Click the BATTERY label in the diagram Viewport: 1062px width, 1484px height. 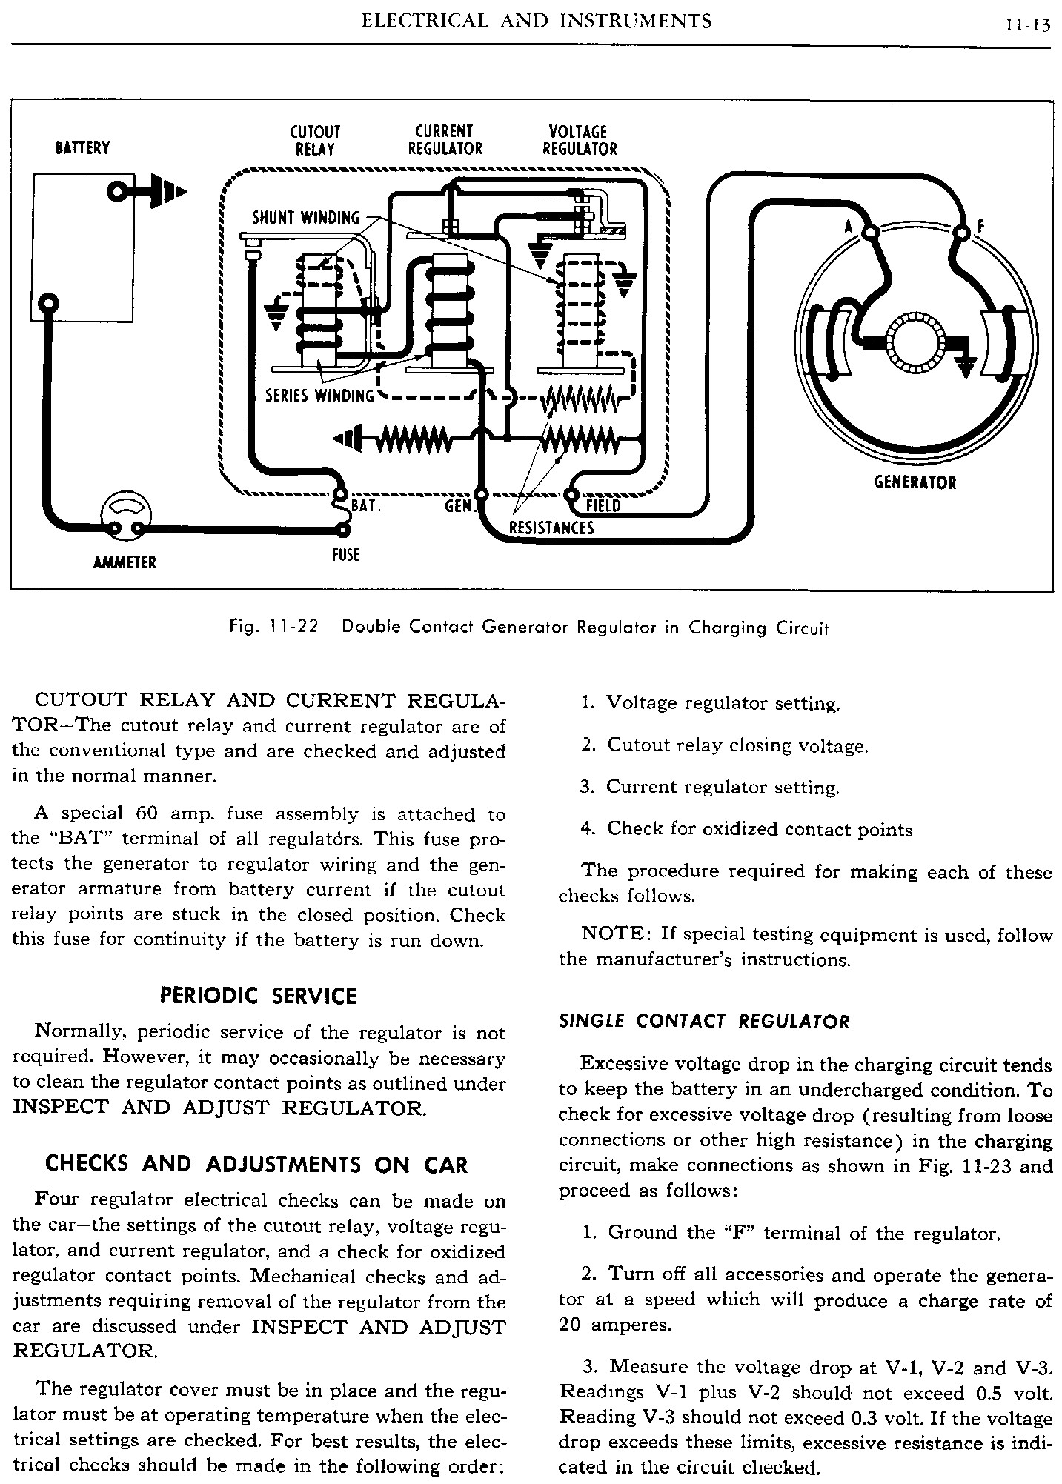[x=82, y=148]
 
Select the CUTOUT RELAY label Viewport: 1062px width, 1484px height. [x=315, y=140]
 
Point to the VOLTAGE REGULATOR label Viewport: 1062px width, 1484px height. [x=579, y=140]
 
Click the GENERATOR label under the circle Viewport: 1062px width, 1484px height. [x=915, y=483]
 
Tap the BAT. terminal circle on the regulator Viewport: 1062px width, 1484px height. [x=340, y=494]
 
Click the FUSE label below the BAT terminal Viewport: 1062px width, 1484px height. [x=345, y=554]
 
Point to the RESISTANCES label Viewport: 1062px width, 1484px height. [x=551, y=528]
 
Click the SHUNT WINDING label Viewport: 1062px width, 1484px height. [x=305, y=218]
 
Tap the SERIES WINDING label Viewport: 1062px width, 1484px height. [x=319, y=396]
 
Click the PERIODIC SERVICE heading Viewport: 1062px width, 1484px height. [x=258, y=996]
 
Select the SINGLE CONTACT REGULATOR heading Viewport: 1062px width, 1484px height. [x=703, y=1022]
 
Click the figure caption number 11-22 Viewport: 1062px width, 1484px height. [x=293, y=627]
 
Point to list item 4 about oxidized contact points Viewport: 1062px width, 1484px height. [x=746, y=829]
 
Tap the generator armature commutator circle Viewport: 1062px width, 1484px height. [x=917, y=343]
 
